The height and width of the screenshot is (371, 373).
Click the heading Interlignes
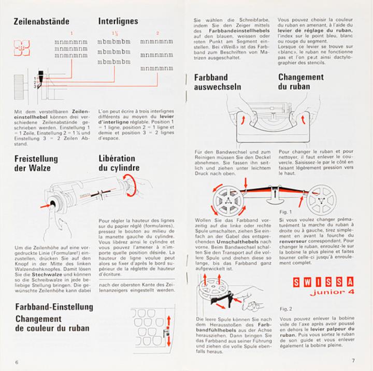pyautogui.click(x=118, y=22)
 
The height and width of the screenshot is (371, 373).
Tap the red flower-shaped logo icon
pyautogui.click(x=22, y=49)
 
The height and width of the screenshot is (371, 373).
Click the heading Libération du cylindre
pyautogui.click(x=119, y=163)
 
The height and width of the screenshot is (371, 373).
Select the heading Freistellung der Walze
pyautogui.click(x=36, y=163)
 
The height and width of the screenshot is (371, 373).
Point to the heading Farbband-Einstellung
pyautogui.click(x=54, y=307)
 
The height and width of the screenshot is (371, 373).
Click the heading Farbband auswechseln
pyautogui.click(x=218, y=82)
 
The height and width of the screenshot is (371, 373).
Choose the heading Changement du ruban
pyautogui.click(x=300, y=82)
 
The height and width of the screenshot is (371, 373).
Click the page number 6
pyautogui.click(x=17, y=361)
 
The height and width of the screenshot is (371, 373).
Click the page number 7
pyautogui.click(x=353, y=361)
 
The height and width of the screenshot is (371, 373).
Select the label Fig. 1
pyautogui.click(x=285, y=212)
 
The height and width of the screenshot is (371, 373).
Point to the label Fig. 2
pyautogui.click(x=285, y=309)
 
